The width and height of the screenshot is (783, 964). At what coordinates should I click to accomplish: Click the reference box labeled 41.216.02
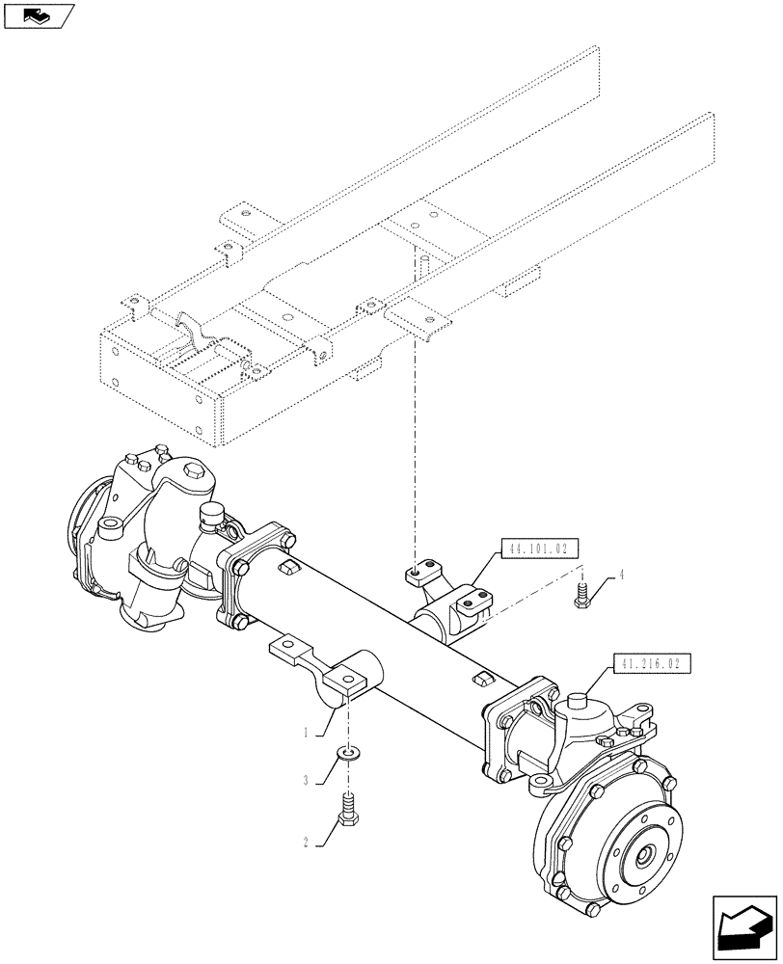[651, 665]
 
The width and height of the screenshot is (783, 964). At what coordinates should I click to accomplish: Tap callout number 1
[306, 733]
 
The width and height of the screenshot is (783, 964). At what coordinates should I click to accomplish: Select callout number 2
[306, 842]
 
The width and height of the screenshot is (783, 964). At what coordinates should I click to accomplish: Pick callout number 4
[621, 576]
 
